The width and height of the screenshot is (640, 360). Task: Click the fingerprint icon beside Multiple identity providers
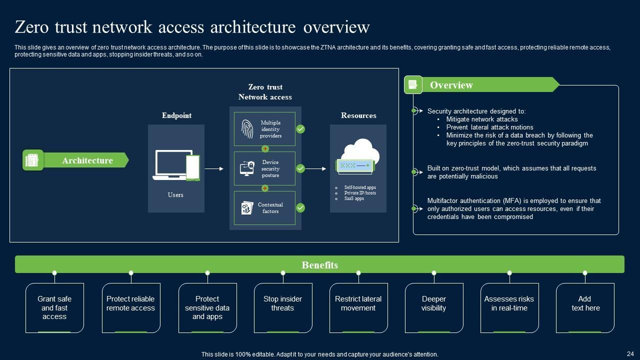247,129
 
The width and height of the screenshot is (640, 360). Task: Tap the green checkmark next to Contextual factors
300,207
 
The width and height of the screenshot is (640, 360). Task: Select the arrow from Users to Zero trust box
214,169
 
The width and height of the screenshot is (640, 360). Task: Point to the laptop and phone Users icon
176,165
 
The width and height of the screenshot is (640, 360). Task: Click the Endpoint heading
176,115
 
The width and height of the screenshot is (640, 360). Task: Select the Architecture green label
87,160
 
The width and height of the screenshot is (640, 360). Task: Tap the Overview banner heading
451,85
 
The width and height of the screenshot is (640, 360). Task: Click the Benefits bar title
319,265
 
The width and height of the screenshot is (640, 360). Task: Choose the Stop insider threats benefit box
283,307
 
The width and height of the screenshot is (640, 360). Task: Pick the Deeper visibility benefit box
434,307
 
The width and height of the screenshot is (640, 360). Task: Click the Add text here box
585,307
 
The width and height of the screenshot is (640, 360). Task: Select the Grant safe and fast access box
54,307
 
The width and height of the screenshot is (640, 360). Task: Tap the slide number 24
630,353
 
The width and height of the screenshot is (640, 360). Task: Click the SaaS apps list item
353,198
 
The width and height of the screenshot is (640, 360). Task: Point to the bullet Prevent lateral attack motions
489,127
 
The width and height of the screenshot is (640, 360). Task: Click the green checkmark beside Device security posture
300,168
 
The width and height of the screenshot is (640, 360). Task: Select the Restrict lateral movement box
358,307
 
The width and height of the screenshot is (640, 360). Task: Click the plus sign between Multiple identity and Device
265,149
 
